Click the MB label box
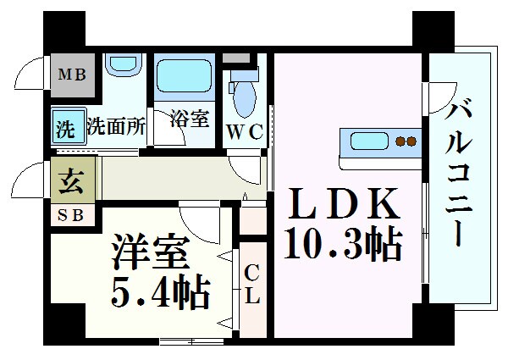point(73,75)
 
